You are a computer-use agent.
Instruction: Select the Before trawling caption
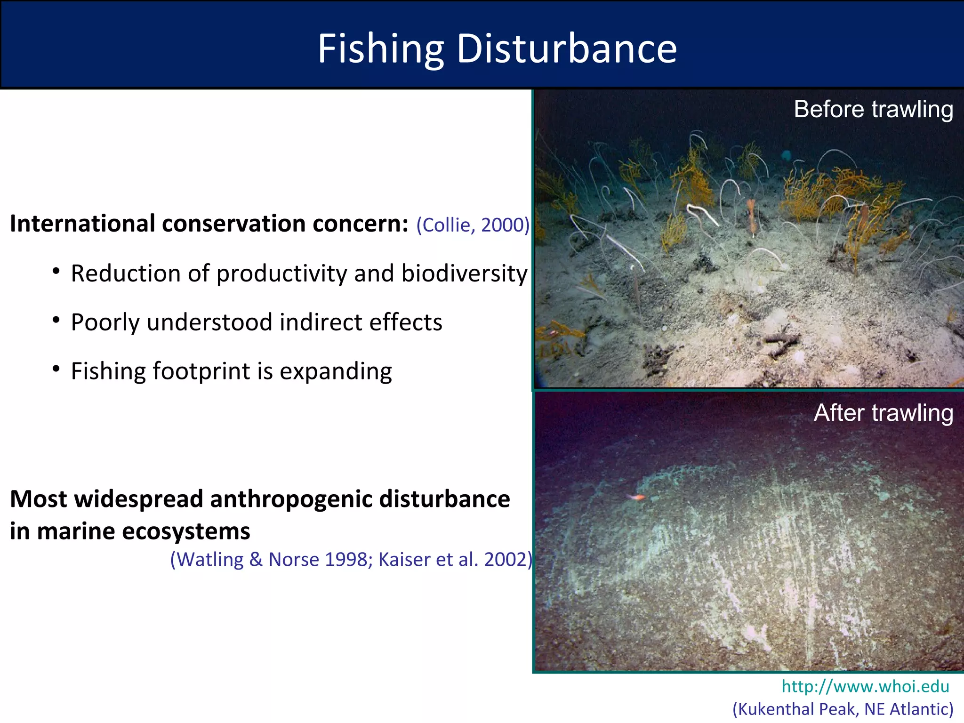873,109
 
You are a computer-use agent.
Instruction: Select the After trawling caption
883,413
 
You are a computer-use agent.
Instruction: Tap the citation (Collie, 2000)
473,225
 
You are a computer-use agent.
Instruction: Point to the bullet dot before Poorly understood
56,321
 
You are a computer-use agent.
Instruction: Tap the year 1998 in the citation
347,559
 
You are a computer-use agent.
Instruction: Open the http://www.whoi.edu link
865,686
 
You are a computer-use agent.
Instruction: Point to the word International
82,224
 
